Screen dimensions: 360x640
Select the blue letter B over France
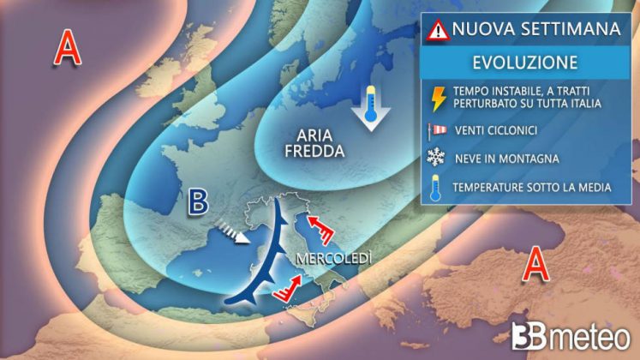[x=199, y=202]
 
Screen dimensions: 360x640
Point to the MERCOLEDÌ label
[x=327, y=259]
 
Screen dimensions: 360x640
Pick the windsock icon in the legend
[x=438, y=130]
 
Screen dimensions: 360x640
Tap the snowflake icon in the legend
[x=438, y=159]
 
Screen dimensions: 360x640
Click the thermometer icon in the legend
[x=438, y=187]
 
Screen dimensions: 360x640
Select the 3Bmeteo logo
[x=566, y=334]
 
